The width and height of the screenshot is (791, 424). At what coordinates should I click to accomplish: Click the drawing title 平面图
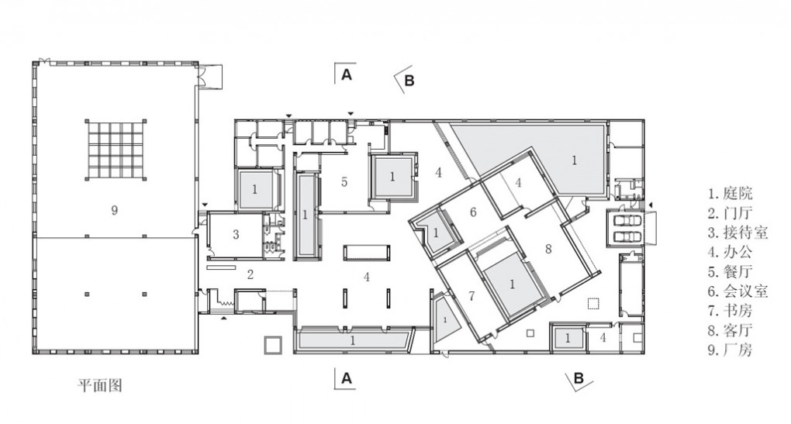[100, 386]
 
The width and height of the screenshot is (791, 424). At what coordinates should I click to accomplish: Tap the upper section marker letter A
[347, 74]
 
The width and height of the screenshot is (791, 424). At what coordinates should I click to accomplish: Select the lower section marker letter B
[579, 378]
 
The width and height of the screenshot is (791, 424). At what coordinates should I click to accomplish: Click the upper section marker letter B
[409, 81]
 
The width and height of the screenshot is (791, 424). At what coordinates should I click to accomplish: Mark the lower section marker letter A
[347, 378]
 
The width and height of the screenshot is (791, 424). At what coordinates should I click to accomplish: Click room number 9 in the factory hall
[115, 210]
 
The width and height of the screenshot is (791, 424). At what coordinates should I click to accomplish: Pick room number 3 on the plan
[236, 234]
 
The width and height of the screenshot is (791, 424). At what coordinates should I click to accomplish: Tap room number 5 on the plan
[344, 182]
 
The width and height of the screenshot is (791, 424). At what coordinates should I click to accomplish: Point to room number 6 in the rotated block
[473, 212]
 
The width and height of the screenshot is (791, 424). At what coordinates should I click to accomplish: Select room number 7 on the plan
[471, 296]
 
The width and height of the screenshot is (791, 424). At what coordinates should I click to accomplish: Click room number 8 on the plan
[548, 249]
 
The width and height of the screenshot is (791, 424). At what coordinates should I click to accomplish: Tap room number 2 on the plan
[250, 274]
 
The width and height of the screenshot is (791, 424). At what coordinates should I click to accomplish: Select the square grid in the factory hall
[116, 150]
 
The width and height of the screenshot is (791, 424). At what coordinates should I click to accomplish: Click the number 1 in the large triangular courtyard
[574, 160]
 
